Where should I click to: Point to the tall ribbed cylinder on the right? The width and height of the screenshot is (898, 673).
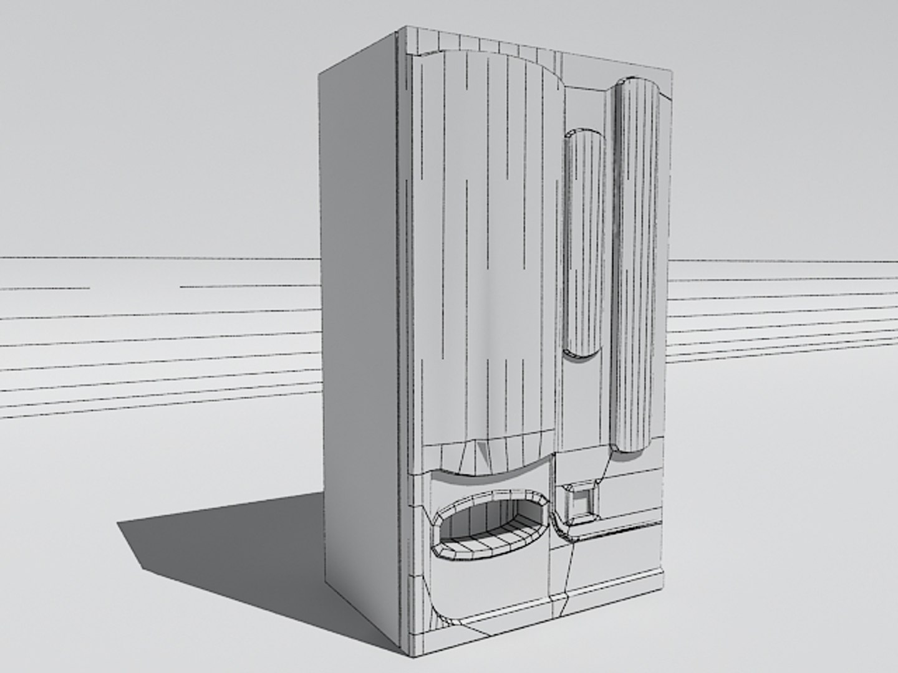coord(635,262)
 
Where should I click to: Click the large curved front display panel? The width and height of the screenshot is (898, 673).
coord(486,249)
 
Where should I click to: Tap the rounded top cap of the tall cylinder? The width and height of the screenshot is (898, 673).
coord(637,86)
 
